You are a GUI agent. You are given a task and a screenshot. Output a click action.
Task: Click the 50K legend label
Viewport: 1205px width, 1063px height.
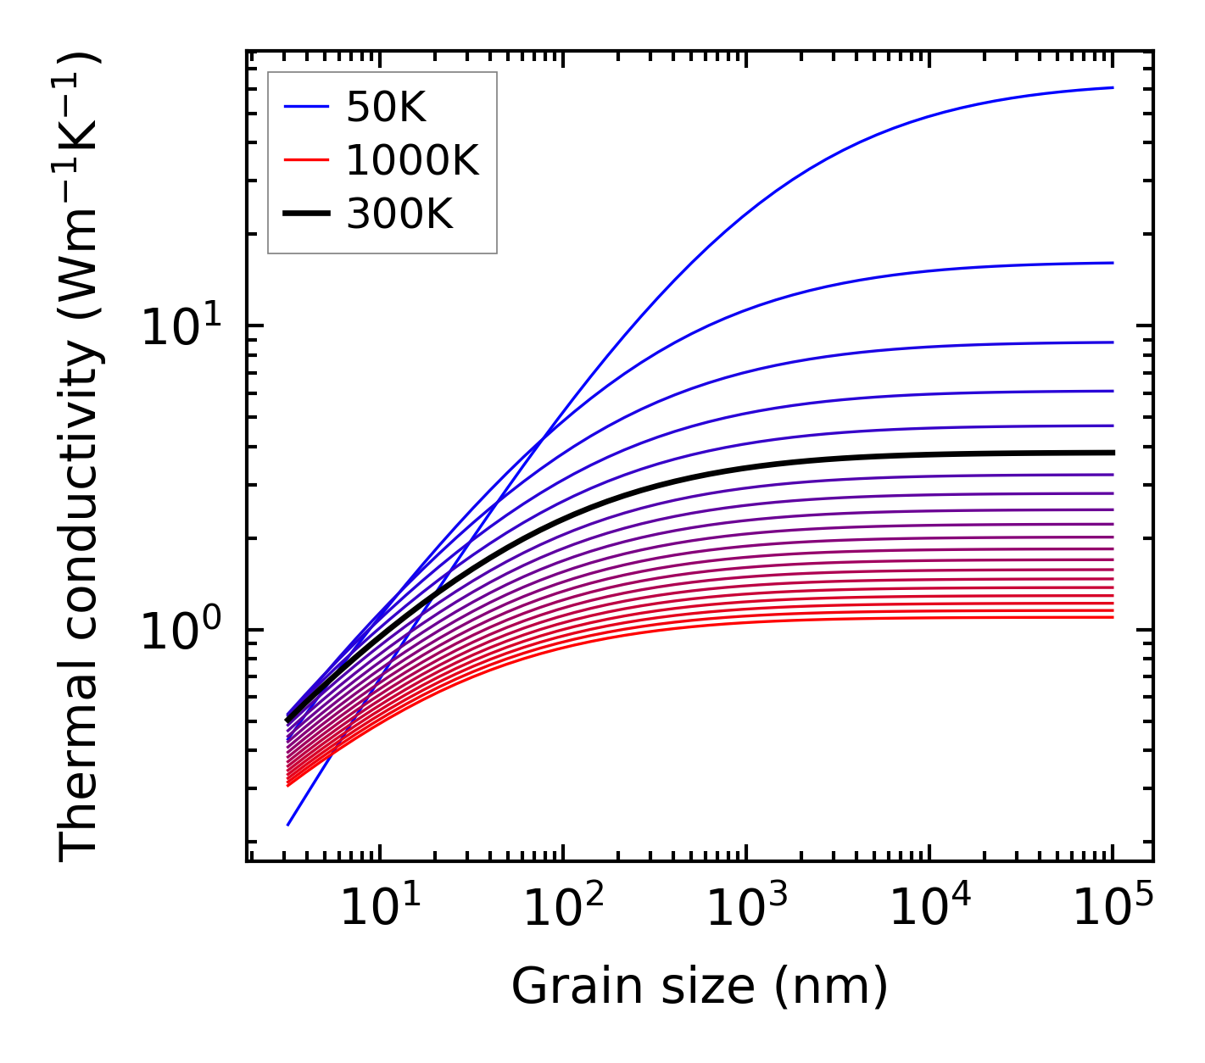[386, 108]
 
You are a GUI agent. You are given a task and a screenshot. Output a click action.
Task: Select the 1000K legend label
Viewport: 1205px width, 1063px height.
[412, 161]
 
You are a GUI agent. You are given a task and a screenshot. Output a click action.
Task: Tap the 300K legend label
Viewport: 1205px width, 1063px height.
[399, 214]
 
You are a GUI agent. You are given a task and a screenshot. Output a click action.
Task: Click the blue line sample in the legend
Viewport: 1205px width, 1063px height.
[305, 107]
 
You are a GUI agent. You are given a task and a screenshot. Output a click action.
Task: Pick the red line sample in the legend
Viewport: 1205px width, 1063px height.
[305, 160]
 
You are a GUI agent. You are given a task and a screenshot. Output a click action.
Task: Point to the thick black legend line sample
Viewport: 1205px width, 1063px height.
[305, 214]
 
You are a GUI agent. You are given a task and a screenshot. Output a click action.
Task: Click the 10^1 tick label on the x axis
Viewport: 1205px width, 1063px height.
[380, 910]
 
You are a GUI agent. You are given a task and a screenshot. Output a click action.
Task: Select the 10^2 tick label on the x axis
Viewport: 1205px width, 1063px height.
[563, 910]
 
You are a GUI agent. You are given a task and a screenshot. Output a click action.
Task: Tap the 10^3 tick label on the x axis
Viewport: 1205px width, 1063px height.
[746, 910]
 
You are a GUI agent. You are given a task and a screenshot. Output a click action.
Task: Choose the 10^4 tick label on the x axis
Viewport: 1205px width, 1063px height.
[929, 910]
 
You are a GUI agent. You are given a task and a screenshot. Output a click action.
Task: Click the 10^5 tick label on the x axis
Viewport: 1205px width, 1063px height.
[1113, 910]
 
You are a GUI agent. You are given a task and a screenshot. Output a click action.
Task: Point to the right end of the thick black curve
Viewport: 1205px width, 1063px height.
[1112, 453]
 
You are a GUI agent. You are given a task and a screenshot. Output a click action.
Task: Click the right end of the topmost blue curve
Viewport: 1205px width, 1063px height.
[1112, 87]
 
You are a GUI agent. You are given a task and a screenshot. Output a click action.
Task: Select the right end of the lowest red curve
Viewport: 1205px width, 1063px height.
[1112, 616]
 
